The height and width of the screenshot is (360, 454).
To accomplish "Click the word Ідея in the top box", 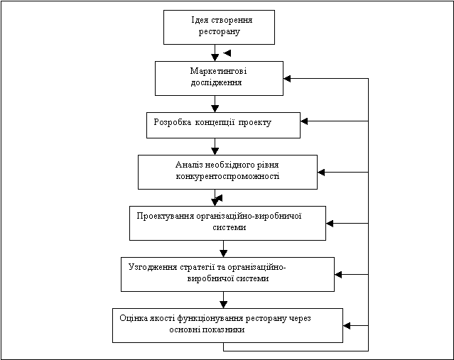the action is pyautogui.click(x=200, y=21).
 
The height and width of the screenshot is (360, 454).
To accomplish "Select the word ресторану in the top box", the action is pyautogui.click(x=219, y=31).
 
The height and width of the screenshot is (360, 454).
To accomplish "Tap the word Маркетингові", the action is pyautogui.click(x=218, y=71).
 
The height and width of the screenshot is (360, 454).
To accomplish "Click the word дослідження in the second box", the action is pyautogui.click(x=216, y=83).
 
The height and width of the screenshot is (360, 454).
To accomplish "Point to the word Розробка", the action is pyautogui.click(x=172, y=122).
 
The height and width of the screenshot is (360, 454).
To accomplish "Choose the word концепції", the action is pyautogui.click(x=215, y=122).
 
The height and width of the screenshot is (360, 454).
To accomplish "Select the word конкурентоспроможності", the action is pyautogui.click(x=227, y=176).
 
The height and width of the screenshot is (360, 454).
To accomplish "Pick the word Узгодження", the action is pyautogui.click(x=153, y=267).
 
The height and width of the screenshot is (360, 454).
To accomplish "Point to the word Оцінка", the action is pyautogui.click(x=134, y=318).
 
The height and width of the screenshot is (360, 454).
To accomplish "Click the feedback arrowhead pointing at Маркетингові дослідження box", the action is pyautogui.click(x=287, y=78).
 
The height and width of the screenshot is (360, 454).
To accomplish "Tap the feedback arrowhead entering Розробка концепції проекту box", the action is pyautogui.click(x=304, y=121).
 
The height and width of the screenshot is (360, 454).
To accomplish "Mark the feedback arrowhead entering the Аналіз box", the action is pyautogui.click(x=321, y=172).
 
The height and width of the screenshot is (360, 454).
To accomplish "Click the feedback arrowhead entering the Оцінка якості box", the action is pyautogui.click(x=347, y=326).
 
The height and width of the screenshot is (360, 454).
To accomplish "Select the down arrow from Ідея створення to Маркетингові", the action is pyautogui.click(x=215, y=53).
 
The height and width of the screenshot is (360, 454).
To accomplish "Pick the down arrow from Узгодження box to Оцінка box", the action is pyautogui.click(x=224, y=300).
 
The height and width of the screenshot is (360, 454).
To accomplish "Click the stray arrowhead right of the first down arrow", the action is pyautogui.click(x=227, y=53).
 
